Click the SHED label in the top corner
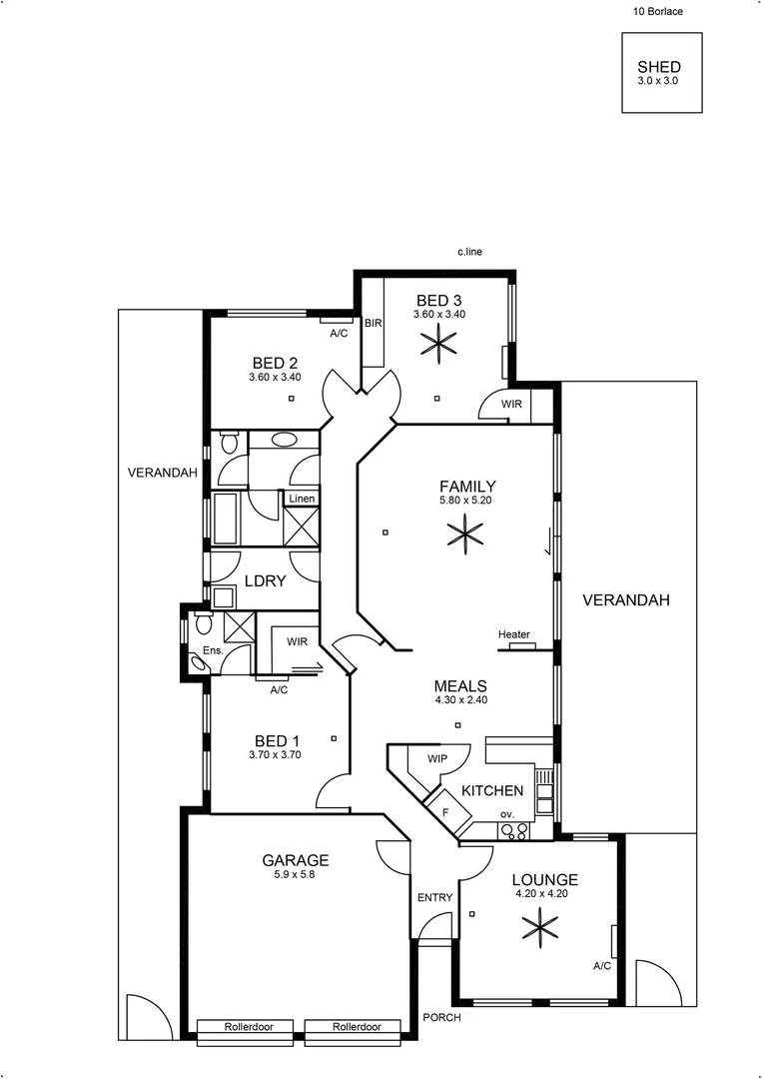coord(658,67)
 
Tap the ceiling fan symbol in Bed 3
coord(439,345)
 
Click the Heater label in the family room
coord(513,634)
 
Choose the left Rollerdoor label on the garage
coord(245,1027)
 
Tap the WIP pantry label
coord(436,759)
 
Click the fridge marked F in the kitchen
coord(445,810)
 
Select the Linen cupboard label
coord(301,499)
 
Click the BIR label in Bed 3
coord(373,324)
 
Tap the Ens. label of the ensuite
coord(212,651)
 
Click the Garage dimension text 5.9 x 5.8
coord(295,874)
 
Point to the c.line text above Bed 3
coord(469,253)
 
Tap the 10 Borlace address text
coord(658,13)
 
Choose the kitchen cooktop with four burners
coord(514,829)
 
